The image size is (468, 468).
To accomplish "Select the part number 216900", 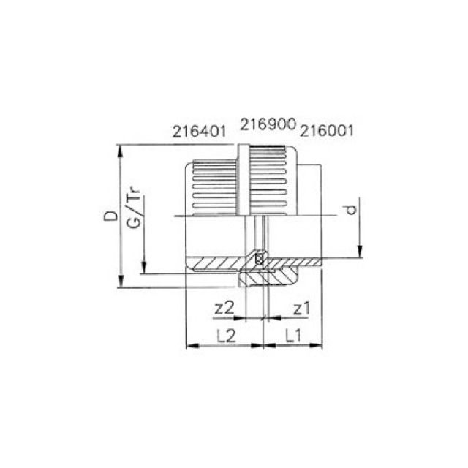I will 268,126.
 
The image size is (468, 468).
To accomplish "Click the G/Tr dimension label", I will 134,209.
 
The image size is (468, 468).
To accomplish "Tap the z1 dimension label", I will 301,308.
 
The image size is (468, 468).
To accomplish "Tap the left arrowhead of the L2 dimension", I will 191,344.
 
